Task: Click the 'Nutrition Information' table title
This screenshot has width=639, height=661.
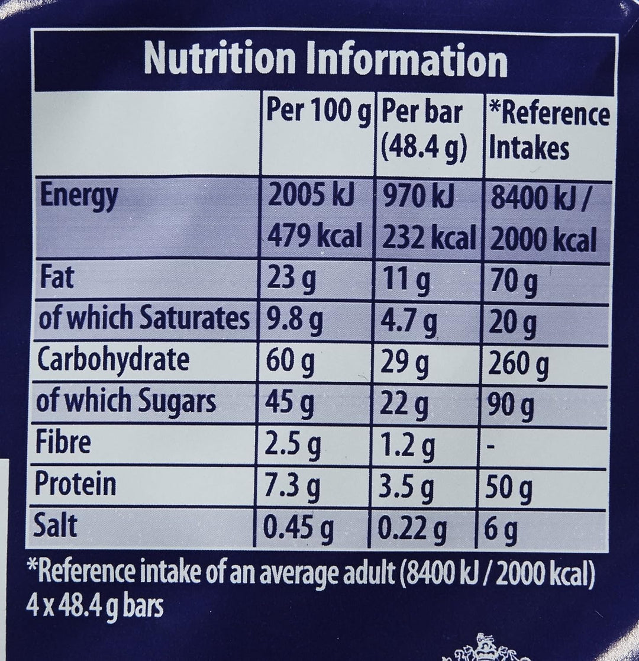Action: coord(325,60)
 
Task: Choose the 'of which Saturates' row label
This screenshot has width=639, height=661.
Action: coord(142,319)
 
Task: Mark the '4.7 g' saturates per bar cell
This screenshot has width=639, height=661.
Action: coord(408,321)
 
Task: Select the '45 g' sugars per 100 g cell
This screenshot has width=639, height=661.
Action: coord(291,404)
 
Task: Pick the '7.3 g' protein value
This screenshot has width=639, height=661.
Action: coord(293,487)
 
